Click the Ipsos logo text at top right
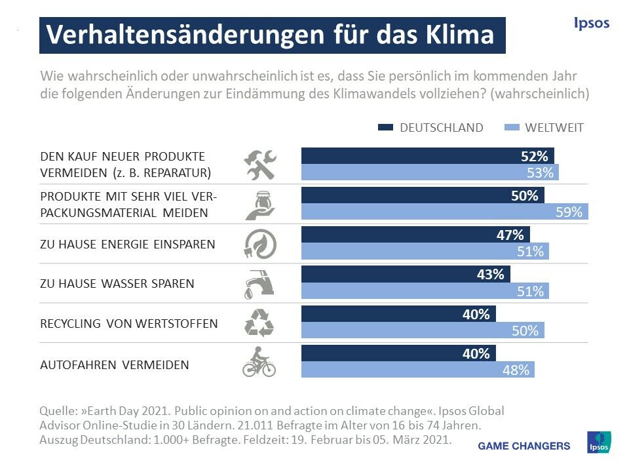[591, 24]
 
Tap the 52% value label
[534, 157]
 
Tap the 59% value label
[569, 212]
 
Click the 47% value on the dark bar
[510, 235]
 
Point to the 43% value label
[490, 275]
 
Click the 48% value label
[516, 370]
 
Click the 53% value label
[540, 173]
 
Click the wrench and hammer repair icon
[259, 165]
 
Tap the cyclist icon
[259, 362]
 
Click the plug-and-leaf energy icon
[259, 244]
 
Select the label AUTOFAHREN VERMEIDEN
[115, 365]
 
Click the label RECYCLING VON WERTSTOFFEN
[128, 324]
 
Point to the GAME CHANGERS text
[524, 446]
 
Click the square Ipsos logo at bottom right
[598, 442]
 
